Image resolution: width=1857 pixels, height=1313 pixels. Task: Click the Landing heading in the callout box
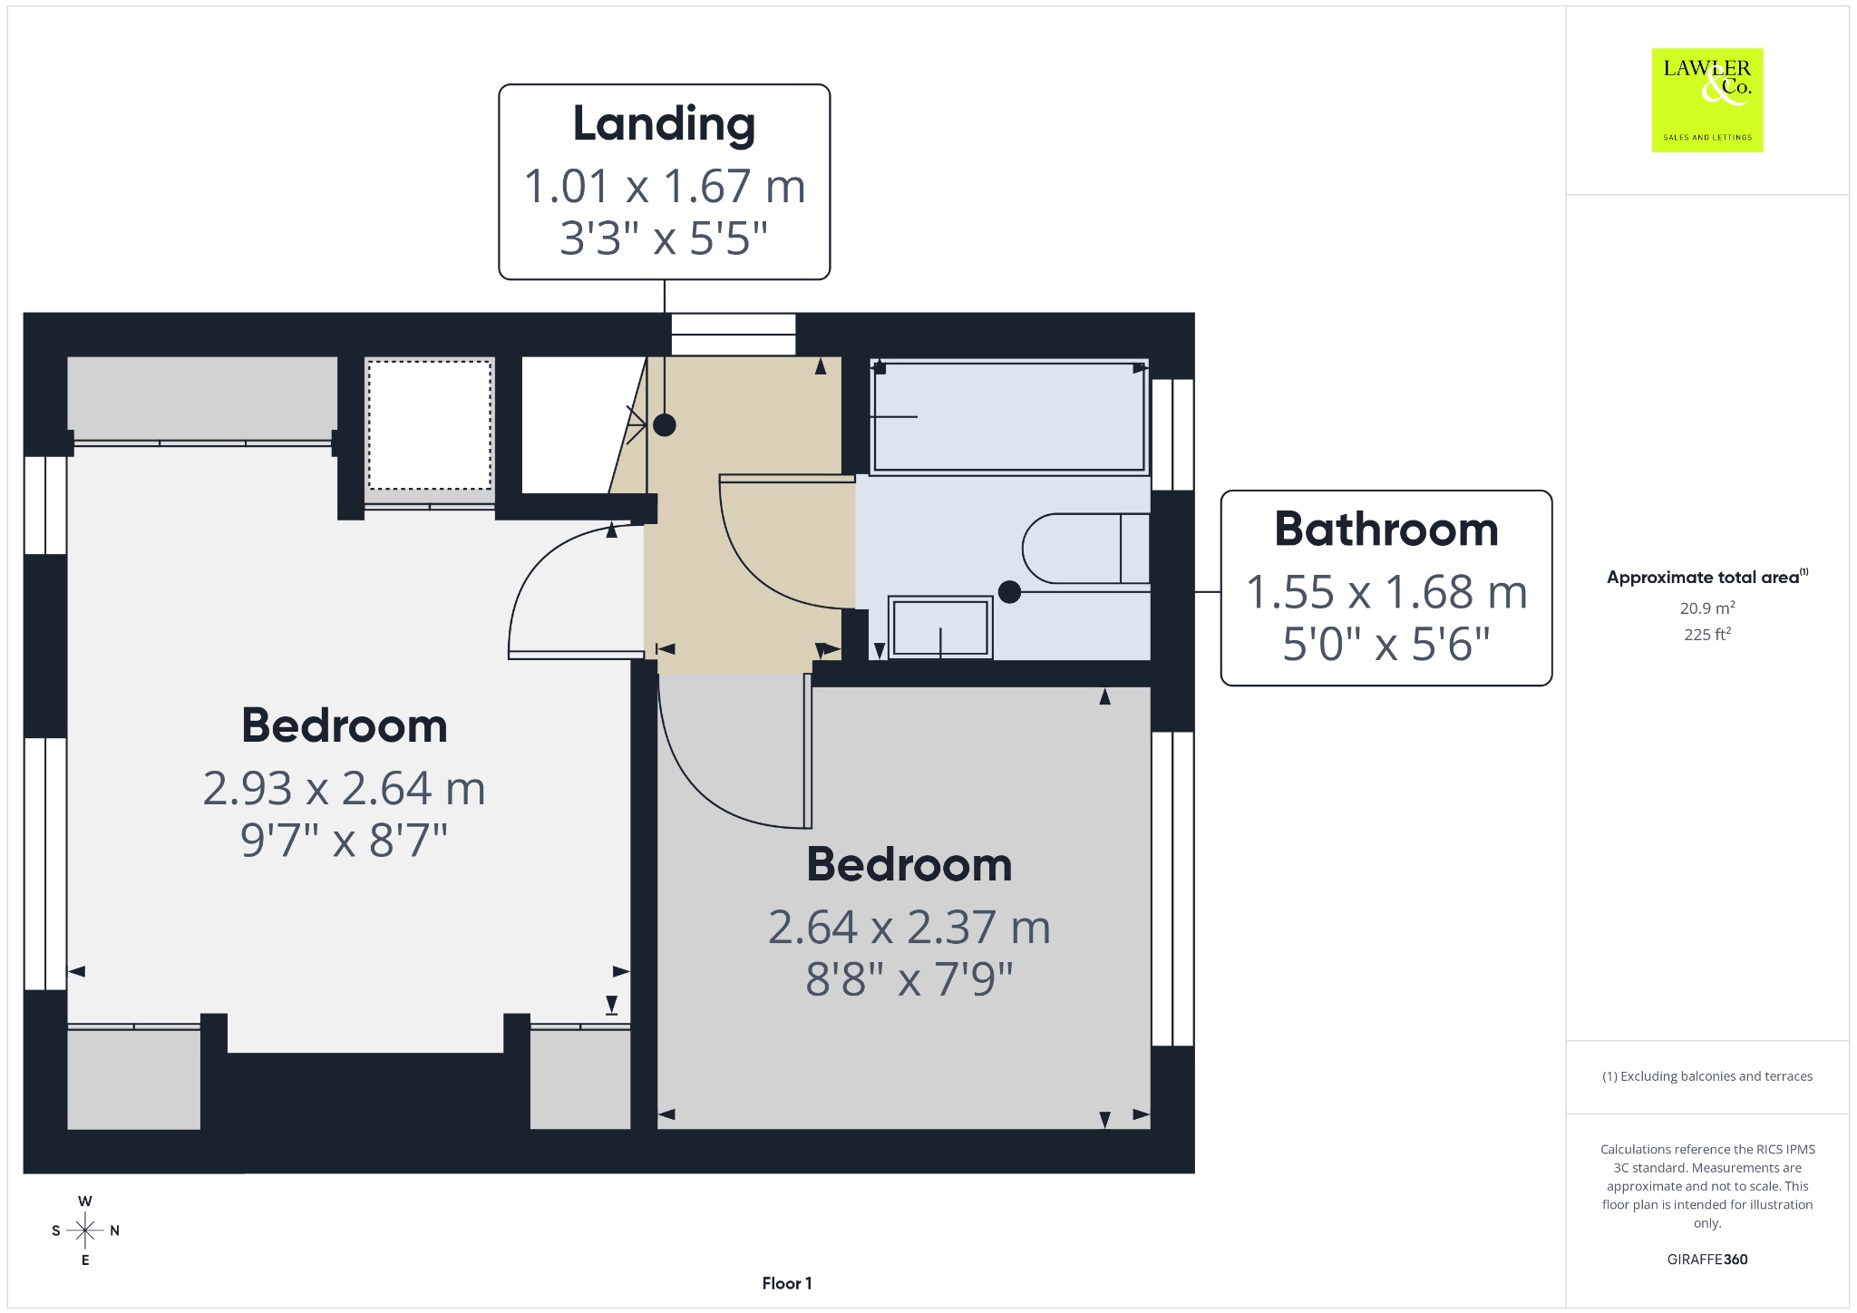[x=664, y=124]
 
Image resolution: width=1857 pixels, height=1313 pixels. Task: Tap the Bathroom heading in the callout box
[x=1386, y=529]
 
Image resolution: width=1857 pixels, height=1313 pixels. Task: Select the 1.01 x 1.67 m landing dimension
[x=664, y=186]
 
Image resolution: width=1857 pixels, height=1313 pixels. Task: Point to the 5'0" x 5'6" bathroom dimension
[x=1386, y=644]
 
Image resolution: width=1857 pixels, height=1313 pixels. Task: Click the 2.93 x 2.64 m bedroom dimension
[x=345, y=788]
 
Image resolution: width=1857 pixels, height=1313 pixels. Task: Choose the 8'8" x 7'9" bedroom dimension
[x=909, y=979]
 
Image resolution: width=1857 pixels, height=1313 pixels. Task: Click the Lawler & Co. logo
[x=1707, y=100]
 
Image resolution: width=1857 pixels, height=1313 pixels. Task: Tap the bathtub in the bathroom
[x=1009, y=417]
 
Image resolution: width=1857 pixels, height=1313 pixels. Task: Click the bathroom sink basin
[x=940, y=627]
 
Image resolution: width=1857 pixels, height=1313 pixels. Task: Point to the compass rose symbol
[x=85, y=1230]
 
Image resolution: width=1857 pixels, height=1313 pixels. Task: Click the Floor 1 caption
[x=787, y=1283]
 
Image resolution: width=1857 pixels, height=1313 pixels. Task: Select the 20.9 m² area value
[x=1707, y=608]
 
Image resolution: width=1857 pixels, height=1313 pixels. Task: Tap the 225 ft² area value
[x=1707, y=634]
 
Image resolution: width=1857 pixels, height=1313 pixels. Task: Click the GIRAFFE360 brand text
[x=1707, y=1259]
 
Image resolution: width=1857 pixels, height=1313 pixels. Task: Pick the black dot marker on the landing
[x=665, y=424]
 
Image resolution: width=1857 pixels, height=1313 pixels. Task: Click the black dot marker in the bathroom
[x=1009, y=592]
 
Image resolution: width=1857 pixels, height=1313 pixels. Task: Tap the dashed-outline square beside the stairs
[x=430, y=425]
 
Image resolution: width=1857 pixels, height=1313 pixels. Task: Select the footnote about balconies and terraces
[x=1707, y=1076]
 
